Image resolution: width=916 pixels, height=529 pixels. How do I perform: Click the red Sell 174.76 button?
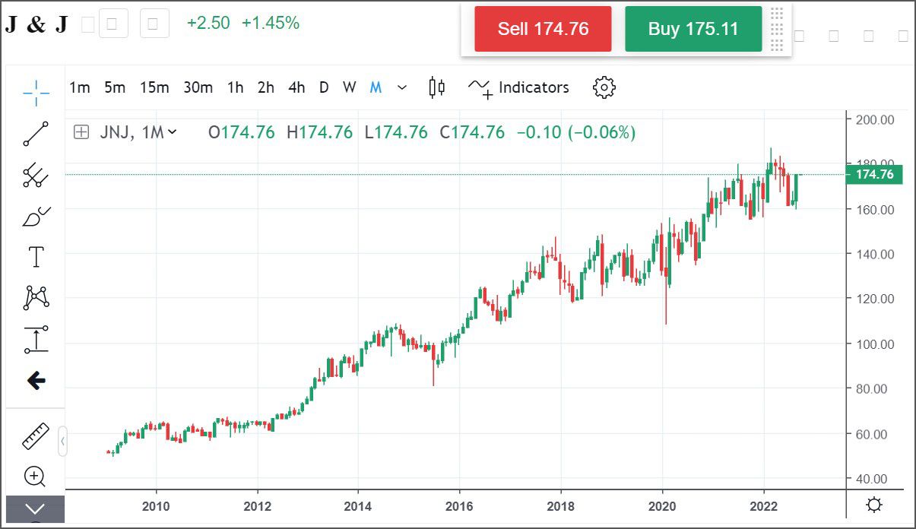tap(543, 29)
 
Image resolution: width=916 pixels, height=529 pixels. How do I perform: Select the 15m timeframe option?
tap(154, 87)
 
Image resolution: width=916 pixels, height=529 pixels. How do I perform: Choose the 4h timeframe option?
tap(296, 87)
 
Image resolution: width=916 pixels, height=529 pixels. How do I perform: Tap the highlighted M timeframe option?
tap(376, 87)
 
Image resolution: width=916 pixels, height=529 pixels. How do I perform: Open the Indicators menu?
tap(519, 87)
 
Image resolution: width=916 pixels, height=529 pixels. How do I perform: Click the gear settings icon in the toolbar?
tap(604, 87)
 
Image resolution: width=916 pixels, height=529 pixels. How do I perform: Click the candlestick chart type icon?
tap(436, 87)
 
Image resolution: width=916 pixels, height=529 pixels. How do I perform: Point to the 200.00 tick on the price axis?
tap(874, 119)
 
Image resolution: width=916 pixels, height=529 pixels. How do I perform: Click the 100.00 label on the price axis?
tap(874, 344)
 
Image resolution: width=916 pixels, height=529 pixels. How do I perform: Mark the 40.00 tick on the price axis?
tap(874, 479)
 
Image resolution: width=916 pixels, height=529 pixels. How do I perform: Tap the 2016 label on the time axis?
tap(459, 506)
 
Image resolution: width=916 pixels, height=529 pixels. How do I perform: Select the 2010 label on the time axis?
tap(156, 506)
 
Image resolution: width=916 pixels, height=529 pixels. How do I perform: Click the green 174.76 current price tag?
tap(874, 175)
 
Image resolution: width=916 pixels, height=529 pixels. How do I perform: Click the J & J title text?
tap(36, 24)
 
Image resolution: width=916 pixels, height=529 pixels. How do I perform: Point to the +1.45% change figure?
tap(271, 23)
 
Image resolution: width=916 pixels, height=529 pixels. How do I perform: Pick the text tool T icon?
tap(36, 257)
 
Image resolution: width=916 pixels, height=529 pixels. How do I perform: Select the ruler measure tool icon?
tap(36, 437)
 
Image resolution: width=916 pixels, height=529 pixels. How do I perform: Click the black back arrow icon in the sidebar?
tap(36, 381)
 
